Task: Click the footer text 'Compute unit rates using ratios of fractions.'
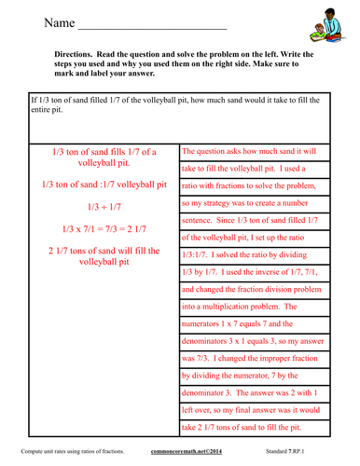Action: tap(66, 452)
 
